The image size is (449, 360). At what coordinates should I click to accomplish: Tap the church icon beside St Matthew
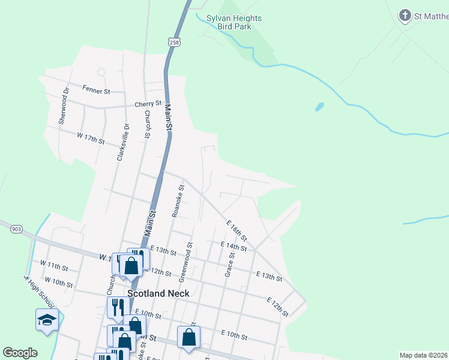(405, 16)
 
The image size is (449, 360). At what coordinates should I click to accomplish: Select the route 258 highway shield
(174, 42)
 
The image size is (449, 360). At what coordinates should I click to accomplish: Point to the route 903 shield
(16, 229)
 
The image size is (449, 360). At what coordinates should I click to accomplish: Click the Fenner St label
(97, 91)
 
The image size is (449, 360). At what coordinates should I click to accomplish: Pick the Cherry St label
(148, 104)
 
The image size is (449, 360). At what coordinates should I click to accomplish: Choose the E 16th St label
(237, 230)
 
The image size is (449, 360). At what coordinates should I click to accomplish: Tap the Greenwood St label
(186, 262)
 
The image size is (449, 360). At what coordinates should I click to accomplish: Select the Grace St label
(229, 264)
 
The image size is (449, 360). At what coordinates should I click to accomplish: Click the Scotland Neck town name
(158, 293)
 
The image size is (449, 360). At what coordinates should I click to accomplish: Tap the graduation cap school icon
(47, 320)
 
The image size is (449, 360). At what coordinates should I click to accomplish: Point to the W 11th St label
(54, 265)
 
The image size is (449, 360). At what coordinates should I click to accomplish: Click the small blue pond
(320, 107)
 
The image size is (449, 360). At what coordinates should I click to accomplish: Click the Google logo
(20, 353)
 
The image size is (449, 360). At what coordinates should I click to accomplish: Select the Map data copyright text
(424, 355)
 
